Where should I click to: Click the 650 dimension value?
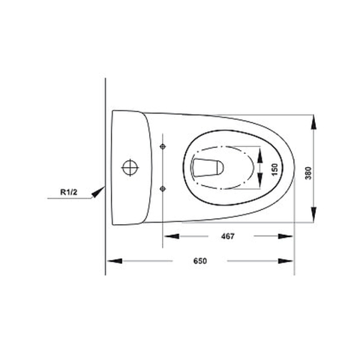click(200, 261)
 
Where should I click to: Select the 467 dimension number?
click(228, 236)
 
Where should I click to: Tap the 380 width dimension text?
click(308, 173)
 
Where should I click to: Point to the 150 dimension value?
click(274, 169)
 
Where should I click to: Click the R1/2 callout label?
click(69, 192)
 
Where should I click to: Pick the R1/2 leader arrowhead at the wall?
click(98, 192)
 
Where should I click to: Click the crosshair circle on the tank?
click(130, 167)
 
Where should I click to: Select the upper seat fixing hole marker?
click(163, 146)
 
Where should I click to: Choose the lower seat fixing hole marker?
click(163, 188)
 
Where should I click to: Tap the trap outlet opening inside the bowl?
click(208, 167)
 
